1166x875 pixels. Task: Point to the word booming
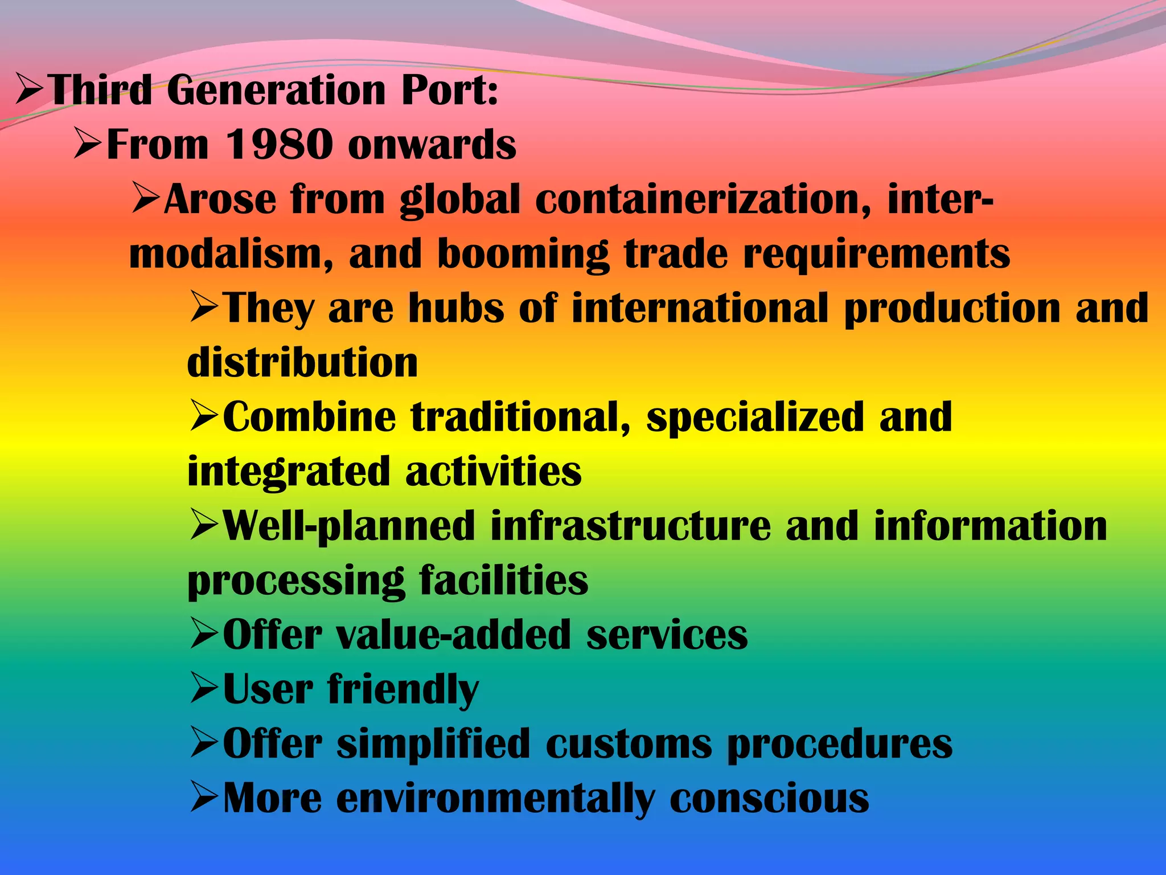[x=523, y=254]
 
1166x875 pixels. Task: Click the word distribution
[x=302, y=363]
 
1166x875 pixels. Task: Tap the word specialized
[x=756, y=418]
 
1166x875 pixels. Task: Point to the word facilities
[x=504, y=580]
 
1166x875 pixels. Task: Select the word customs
[x=629, y=744]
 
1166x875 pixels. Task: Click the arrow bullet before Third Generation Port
[x=30, y=91]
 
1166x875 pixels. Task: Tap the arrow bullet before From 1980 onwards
[x=88, y=145]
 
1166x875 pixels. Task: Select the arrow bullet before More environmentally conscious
[x=204, y=798]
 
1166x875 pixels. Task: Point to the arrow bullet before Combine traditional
[x=204, y=417]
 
